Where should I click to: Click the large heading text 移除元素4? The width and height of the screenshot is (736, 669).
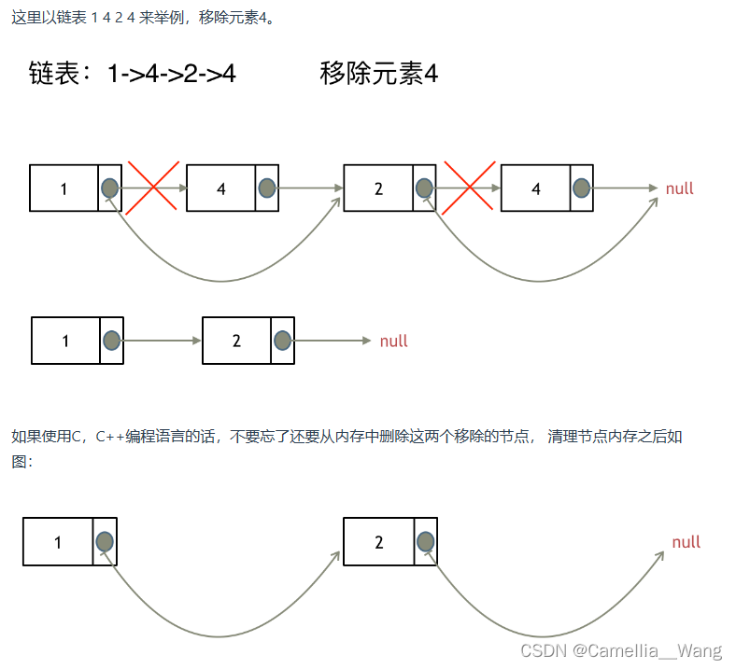point(378,75)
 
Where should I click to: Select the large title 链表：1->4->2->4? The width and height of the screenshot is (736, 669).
point(133,75)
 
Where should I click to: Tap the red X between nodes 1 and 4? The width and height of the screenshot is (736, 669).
point(153,188)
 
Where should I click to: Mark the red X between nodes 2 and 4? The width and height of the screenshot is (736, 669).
point(469,188)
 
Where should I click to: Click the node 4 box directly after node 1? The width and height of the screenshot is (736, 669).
point(221,188)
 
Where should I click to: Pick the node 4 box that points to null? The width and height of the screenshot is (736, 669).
point(536,188)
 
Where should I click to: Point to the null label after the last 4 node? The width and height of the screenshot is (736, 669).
point(679,188)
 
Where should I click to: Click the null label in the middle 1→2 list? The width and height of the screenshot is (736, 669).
point(393,341)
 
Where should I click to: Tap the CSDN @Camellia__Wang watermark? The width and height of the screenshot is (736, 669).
point(621,650)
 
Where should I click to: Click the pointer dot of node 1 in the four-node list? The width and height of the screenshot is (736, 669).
point(110,188)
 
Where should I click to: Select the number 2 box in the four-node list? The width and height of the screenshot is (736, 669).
point(378,188)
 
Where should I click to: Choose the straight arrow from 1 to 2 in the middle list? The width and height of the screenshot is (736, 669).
point(161,341)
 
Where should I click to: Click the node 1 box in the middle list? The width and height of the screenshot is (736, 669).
point(65,341)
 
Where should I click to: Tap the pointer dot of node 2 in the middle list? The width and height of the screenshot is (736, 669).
point(283,341)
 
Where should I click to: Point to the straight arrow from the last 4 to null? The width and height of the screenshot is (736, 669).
point(626,188)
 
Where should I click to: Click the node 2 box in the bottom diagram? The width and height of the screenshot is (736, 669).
point(378,542)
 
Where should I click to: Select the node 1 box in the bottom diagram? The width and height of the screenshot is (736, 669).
point(58,542)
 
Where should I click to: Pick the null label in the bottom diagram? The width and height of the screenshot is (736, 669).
point(686,542)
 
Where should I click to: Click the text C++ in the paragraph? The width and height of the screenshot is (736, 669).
point(111,437)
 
